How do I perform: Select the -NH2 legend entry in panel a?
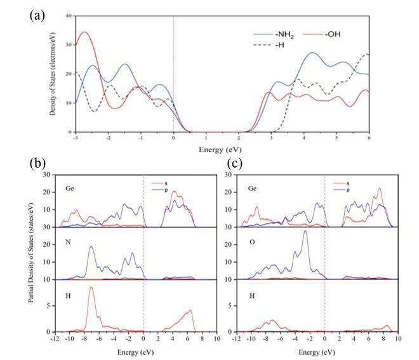coord(276,34)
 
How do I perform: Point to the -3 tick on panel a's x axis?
coord(76,137)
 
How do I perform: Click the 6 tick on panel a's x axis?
coord(369,137)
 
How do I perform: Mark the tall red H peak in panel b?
coord(91,288)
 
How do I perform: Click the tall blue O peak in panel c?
coord(305,231)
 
